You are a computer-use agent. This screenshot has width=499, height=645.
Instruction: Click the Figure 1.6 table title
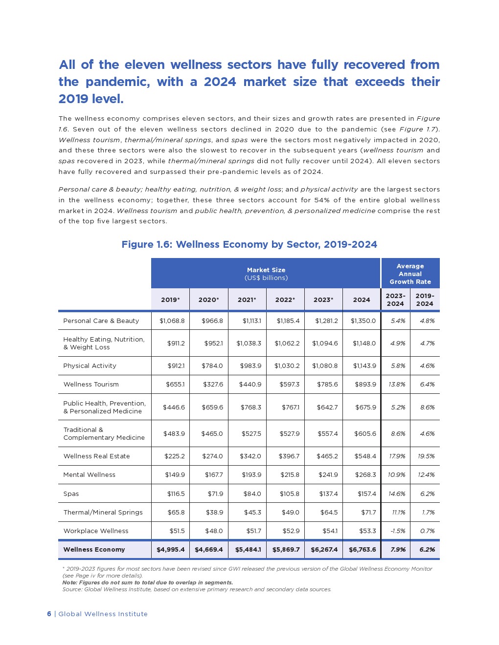[x=249, y=244]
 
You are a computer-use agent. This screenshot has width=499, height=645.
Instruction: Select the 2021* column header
[x=247, y=300]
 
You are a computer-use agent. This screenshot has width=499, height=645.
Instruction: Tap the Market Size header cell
[x=266, y=274]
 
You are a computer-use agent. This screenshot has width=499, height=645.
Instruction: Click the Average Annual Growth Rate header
[x=410, y=274]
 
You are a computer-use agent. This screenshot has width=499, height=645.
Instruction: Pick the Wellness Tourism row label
[x=91, y=385]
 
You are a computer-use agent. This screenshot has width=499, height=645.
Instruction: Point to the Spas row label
[x=71, y=494]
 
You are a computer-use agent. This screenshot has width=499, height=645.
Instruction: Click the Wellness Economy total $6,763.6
[x=362, y=550]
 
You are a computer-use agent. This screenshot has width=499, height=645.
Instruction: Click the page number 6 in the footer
[x=49, y=614]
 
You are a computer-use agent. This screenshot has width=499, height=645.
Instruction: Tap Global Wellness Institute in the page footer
[x=103, y=614]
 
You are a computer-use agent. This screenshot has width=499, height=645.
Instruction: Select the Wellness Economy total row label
[x=94, y=550]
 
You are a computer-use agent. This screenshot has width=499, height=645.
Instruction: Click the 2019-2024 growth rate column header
[x=425, y=300]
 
